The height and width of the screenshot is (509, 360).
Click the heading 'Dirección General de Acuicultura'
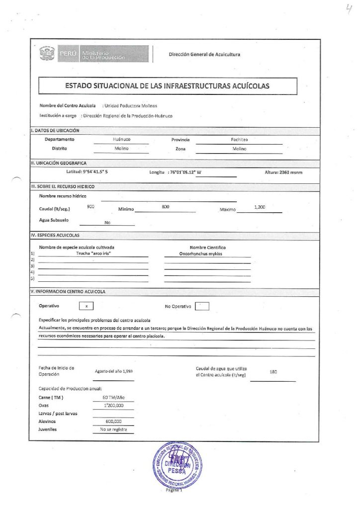(x=204, y=54)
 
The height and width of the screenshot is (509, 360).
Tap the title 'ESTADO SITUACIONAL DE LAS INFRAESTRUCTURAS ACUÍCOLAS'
(x=167, y=85)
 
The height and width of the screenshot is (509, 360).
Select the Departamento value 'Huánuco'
(x=121, y=140)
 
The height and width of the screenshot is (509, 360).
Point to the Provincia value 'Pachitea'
(x=239, y=140)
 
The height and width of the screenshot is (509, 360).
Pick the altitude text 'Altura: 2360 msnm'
(x=283, y=172)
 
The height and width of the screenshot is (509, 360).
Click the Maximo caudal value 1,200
(x=259, y=207)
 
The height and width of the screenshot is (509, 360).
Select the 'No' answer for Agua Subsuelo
(x=107, y=222)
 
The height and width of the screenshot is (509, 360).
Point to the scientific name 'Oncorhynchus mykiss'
(x=207, y=254)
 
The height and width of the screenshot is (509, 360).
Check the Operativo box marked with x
(x=86, y=307)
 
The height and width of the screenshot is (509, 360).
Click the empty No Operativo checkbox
(x=202, y=306)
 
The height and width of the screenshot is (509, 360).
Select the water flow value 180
(x=272, y=372)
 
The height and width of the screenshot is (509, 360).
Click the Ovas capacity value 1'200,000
(x=113, y=406)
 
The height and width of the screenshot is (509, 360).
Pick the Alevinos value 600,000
(x=113, y=421)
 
